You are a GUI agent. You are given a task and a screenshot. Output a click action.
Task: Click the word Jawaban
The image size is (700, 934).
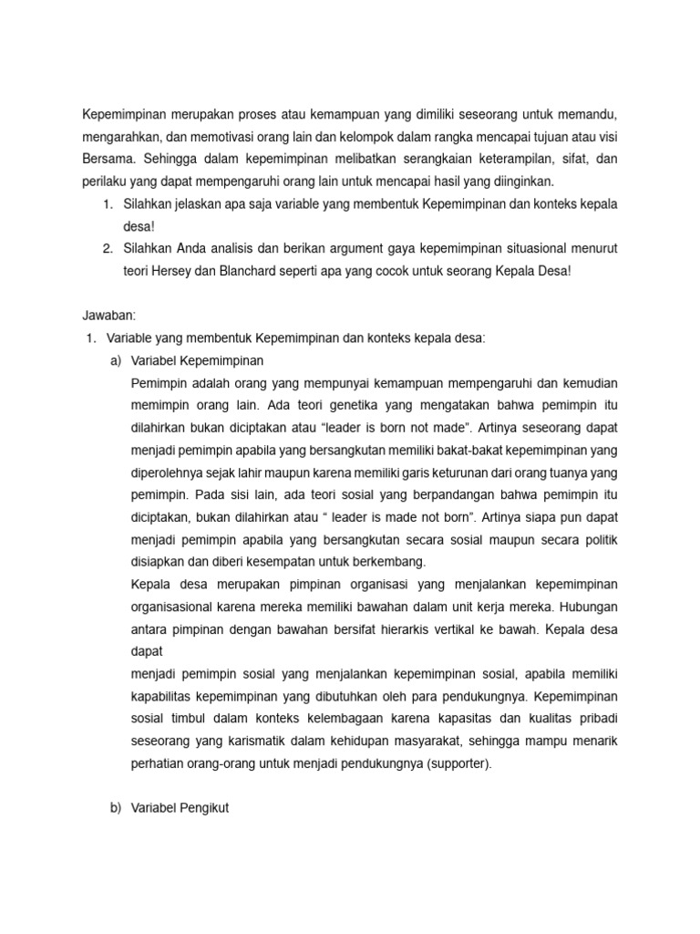(108, 315)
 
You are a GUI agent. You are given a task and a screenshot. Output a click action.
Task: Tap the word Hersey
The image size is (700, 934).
(170, 271)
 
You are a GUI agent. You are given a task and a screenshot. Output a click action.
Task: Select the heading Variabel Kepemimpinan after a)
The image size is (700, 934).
(196, 360)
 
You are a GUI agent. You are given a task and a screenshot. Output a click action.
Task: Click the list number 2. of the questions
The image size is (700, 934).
(108, 249)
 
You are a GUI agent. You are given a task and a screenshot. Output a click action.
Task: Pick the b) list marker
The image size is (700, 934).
(115, 807)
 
